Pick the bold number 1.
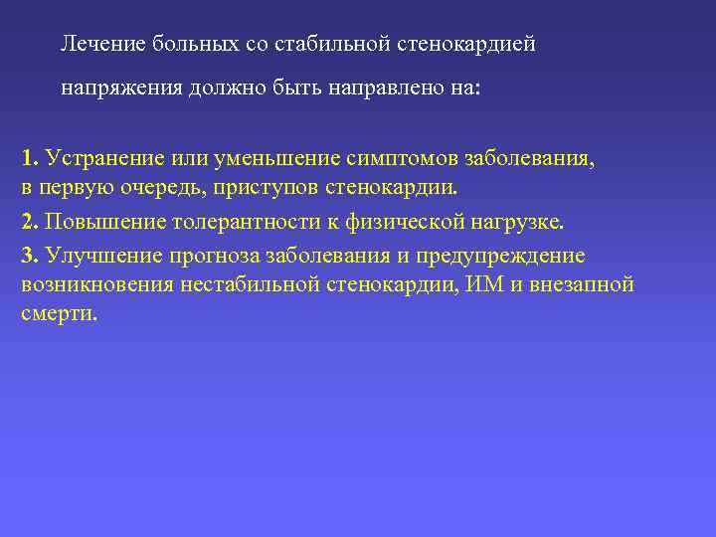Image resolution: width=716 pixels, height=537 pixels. pyautogui.click(x=29, y=158)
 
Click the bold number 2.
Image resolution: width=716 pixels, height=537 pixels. pyautogui.click(x=29, y=222)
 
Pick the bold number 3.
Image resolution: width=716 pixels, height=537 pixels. pyautogui.click(x=29, y=256)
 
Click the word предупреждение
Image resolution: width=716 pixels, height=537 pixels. pyautogui.click(x=500, y=256)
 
